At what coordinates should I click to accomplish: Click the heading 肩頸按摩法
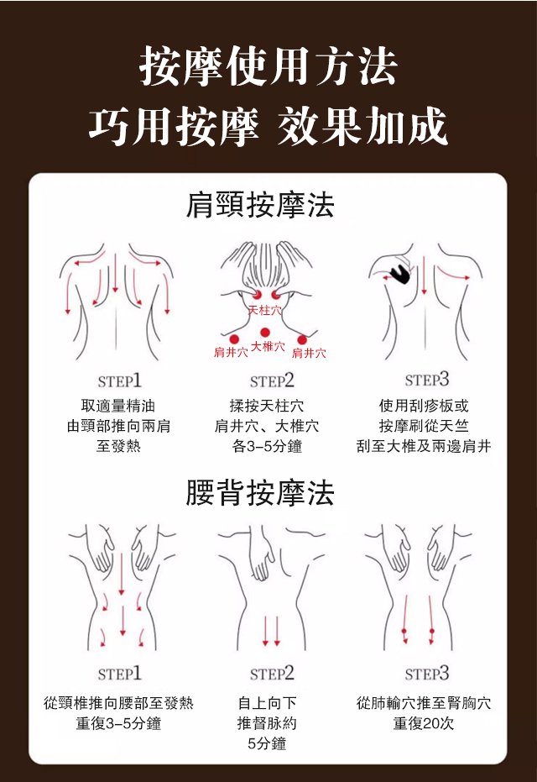(259, 205)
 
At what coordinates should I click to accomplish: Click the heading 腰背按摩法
(259, 492)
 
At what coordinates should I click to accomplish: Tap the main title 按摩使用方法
(268, 66)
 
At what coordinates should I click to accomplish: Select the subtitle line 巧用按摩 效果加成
(268, 126)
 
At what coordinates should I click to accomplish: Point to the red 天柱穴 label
(265, 310)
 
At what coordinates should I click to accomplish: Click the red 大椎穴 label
(268, 346)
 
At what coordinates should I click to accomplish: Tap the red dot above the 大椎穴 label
(265, 333)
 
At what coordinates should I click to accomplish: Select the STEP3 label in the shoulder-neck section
(427, 379)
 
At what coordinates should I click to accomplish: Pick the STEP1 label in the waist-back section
(119, 674)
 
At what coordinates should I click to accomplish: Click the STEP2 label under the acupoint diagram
(272, 381)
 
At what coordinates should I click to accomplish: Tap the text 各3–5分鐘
(267, 446)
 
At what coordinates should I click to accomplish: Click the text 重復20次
(424, 723)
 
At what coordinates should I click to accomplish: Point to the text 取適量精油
(118, 406)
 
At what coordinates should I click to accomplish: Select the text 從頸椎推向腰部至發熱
(118, 703)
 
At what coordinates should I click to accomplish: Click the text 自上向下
(267, 703)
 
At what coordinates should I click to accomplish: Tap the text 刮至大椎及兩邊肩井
(424, 446)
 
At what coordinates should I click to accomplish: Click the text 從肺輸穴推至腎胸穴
(424, 703)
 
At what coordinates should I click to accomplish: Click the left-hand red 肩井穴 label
(231, 353)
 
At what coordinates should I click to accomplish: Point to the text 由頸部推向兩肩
(118, 426)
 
